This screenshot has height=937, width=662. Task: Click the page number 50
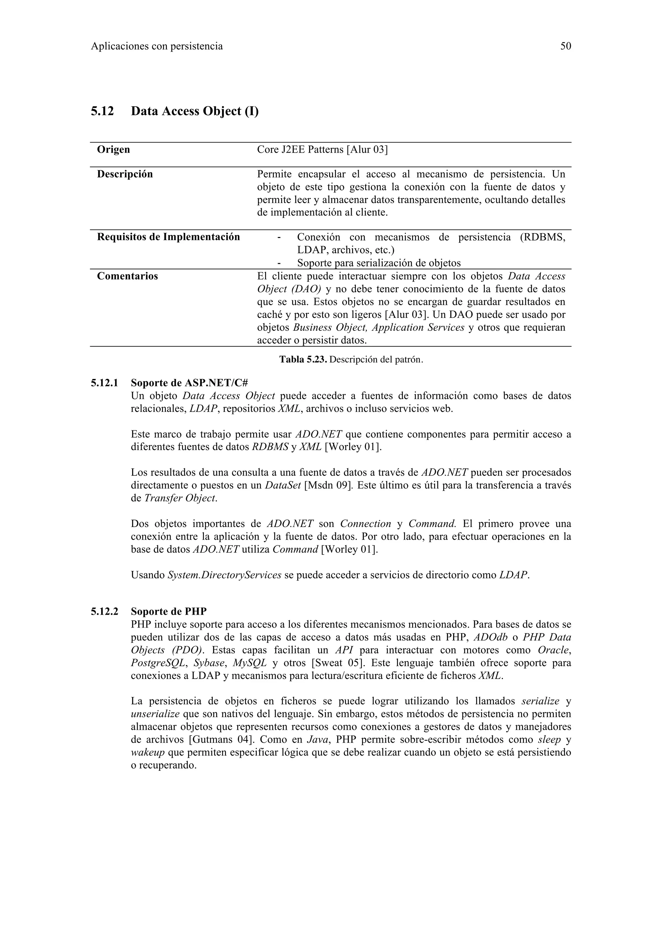pyautogui.click(x=565, y=46)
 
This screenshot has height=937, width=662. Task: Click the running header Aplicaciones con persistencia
pyautogui.click(x=157, y=46)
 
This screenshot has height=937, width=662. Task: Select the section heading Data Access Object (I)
pyautogui.click(x=195, y=111)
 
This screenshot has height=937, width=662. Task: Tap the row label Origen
pyautogui.click(x=113, y=150)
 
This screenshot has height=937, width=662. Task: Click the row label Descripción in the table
pyautogui.click(x=125, y=174)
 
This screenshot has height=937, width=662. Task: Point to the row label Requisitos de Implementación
pyautogui.click(x=168, y=237)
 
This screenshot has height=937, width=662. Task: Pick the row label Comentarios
pyautogui.click(x=127, y=276)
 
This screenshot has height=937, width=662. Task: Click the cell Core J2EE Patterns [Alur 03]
pyautogui.click(x=322, y=150)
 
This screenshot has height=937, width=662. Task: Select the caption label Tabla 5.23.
pyautogui.click(x=303, y=360)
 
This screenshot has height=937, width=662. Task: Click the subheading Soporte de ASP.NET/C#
pyautogui.click(x=190, y=383)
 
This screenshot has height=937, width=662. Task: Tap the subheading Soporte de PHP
pyautogui.click(x=168, y=611)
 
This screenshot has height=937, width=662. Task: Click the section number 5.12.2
pyautogui.click(x=104, y=611)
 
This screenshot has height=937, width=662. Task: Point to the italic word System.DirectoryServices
pyautogui.click(x=224, y=575)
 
